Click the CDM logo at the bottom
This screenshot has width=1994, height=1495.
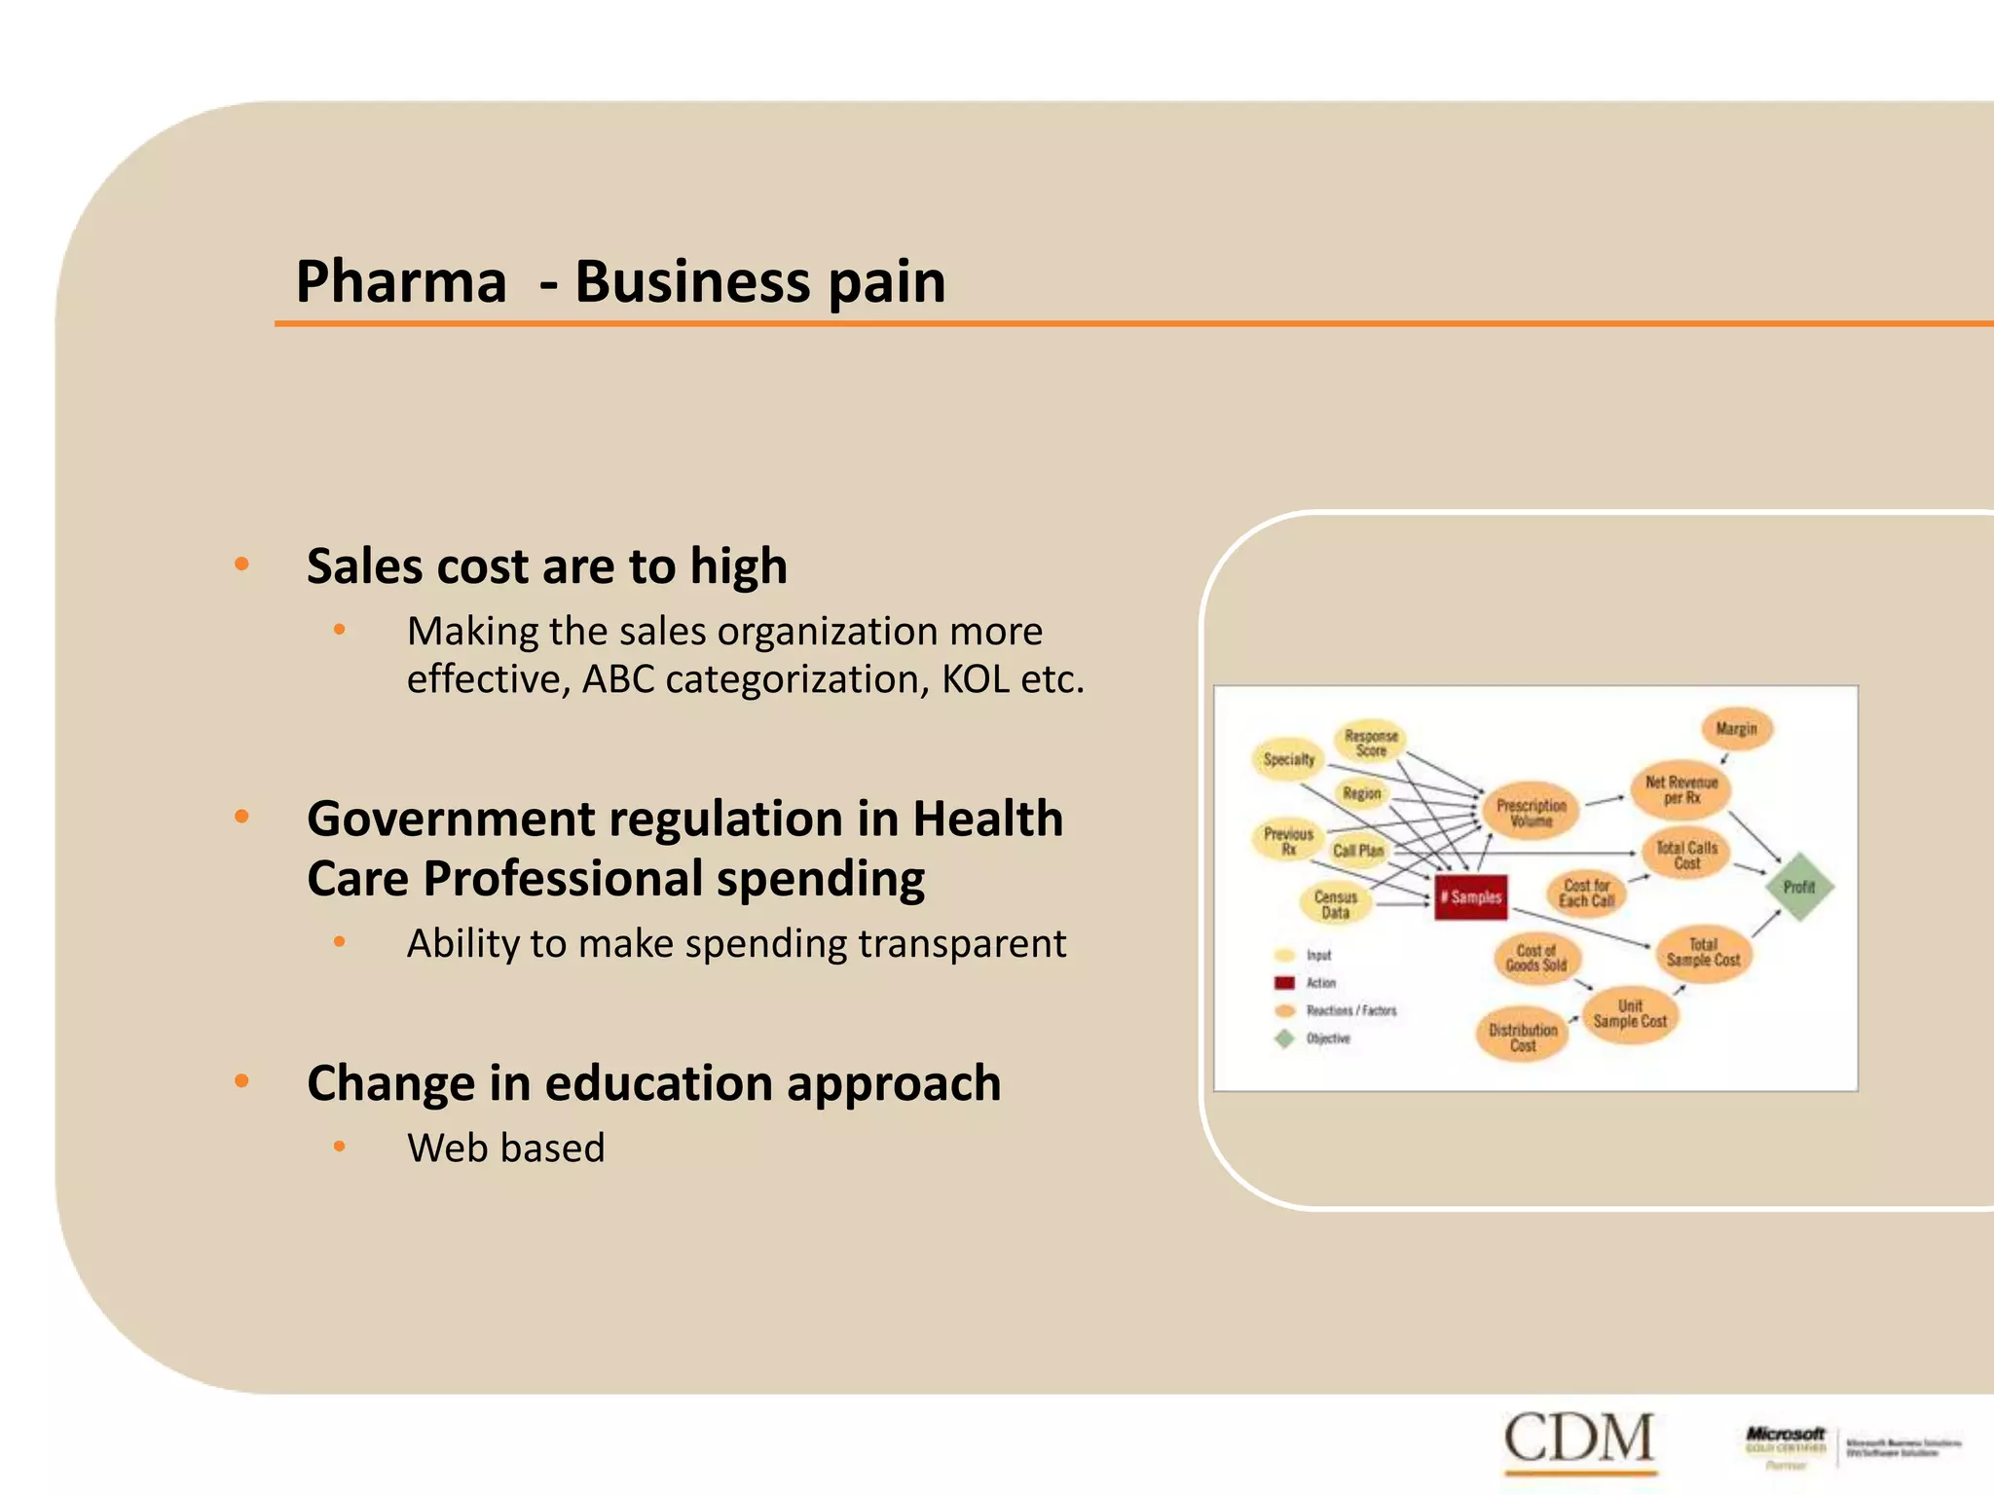[x=1579, y=1440]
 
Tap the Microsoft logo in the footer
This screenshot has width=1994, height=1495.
[x=1786, y=1435]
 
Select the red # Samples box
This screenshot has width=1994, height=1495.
[x=1471, y=897]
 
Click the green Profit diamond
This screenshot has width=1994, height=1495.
[x=1799, y=887]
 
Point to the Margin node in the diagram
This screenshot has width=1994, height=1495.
[x=1736, y=729]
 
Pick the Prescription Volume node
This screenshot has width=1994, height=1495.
[x=1531, y=813]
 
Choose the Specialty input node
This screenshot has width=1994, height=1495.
[x=1288, y=759]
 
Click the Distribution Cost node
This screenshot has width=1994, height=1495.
[x=1523, y=1037]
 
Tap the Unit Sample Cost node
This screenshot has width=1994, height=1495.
[x=1630, y=1013]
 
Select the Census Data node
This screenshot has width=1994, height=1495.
[x=1335, y=904]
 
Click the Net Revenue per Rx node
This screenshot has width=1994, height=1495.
[x=1681, y=789]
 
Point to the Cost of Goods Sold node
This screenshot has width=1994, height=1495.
[x=1536, y=958]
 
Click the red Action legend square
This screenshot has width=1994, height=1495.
[x=1284, y=983]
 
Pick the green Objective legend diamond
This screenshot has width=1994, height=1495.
[x=1284, y=1039]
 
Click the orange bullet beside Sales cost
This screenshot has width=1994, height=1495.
[x=242, y=565]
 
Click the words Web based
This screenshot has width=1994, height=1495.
[x=505, y=1149]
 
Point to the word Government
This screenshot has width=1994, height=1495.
[x=450, y=819]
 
